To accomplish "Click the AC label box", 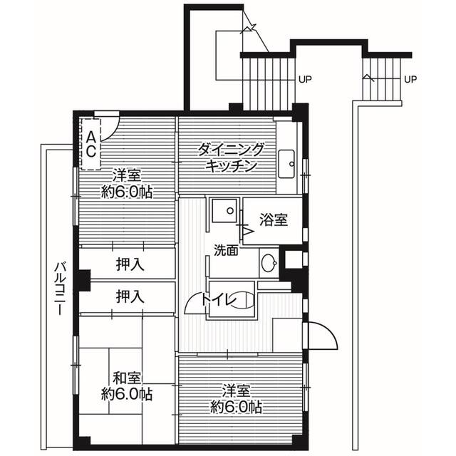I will [x=92, y=142].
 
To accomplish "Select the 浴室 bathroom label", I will [x=274, y=220].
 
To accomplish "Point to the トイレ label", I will [x=217, y=301].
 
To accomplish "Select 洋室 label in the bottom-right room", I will [x=235, y=390].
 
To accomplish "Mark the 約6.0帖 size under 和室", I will [x=126, y=393].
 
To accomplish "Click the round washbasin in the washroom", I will [x=269, y=263].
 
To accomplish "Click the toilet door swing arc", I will [x=194, y=305].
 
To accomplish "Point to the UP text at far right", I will [x=410, y=79].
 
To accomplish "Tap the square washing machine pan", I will [x=225, y=210].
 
